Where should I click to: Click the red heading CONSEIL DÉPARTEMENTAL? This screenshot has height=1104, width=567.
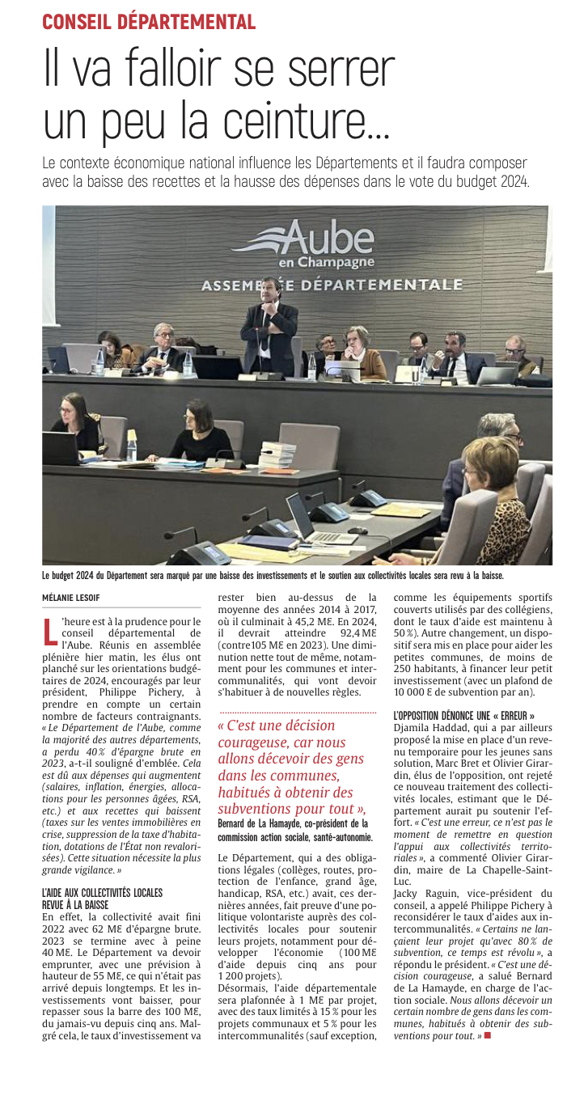click(x=149, y=22)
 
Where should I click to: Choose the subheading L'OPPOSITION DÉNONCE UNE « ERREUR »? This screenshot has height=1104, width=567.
click(x=463, y=716)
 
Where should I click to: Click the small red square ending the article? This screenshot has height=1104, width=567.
click(x=488, y=1034)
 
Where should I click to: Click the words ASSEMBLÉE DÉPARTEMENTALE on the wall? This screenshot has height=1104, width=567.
click(x=332, y=286)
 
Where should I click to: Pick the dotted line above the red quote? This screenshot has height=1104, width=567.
click(x=297, y=712)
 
